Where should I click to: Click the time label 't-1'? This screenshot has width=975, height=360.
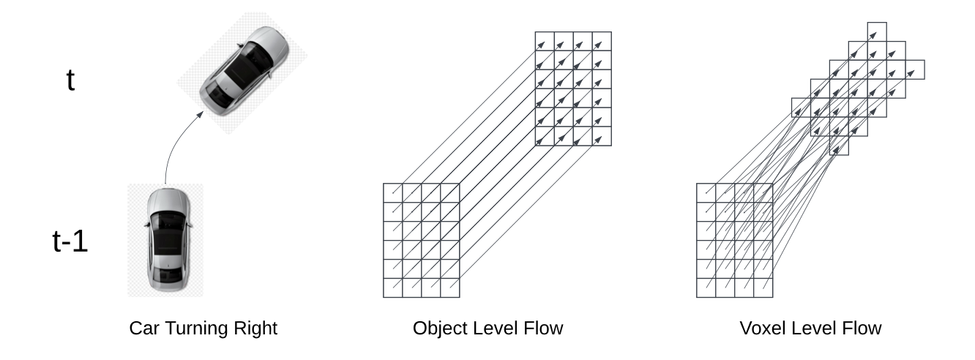click(70, 241)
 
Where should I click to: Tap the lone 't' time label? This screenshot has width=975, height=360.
click(70, 80)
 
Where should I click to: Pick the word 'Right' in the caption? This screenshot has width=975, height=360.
click(258, 329)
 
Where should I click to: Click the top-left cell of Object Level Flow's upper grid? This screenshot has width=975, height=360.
click(544, 41)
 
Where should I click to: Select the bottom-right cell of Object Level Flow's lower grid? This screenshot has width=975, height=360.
click(449, 288)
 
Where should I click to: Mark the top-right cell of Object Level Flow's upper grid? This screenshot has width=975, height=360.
click(601, 41)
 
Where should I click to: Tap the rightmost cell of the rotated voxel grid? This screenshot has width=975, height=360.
click(914, 70)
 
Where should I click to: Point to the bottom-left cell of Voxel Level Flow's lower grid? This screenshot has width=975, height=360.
click(705, 288)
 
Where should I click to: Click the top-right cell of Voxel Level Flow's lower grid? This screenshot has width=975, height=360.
click(762, 192)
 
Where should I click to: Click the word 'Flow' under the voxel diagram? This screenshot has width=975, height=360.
click(865, 329)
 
